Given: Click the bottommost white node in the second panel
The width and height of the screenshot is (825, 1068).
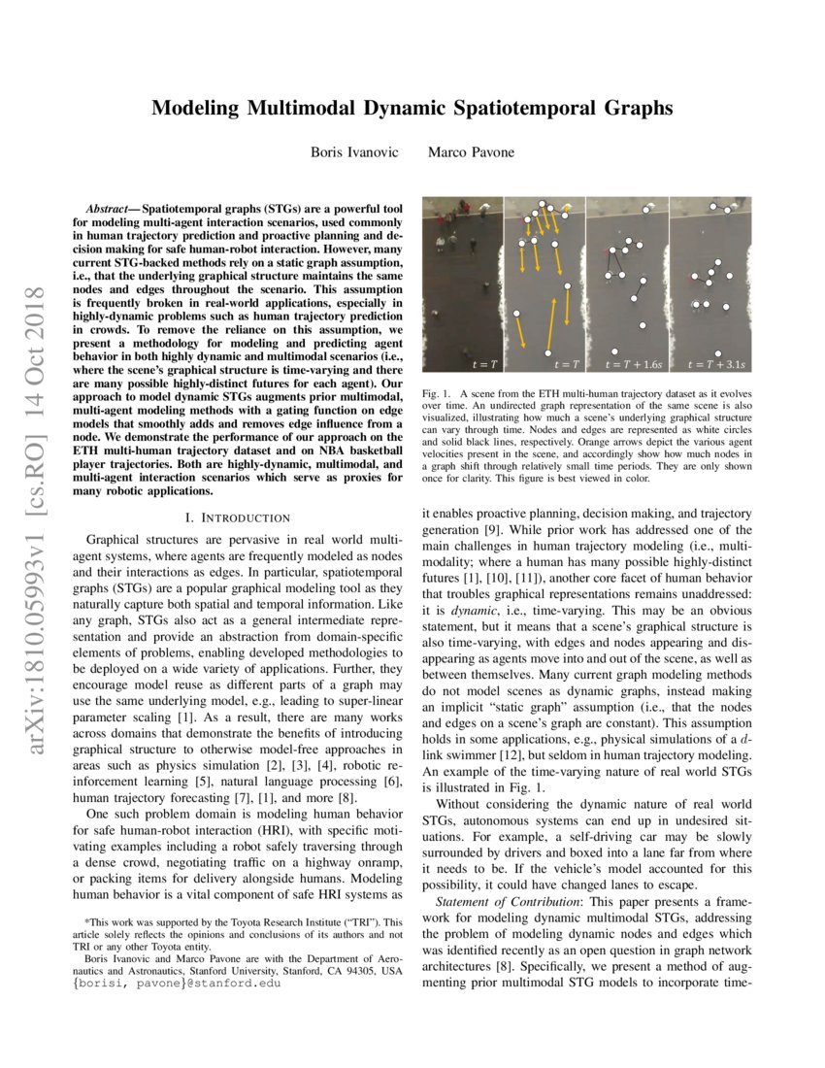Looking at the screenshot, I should pos(549,352).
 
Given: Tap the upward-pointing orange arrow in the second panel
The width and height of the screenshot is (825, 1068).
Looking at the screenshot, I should pos(565,320).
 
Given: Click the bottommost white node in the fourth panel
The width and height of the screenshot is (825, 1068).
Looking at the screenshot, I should pos(717,353).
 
